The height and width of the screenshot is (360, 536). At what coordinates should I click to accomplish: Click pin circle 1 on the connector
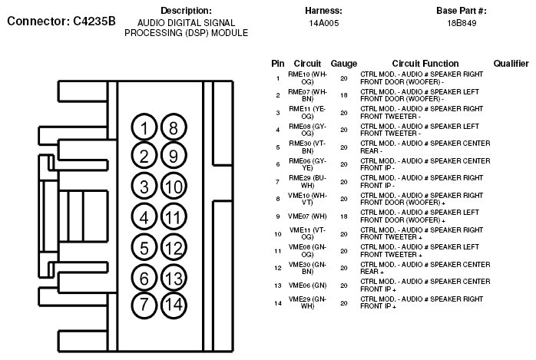144,127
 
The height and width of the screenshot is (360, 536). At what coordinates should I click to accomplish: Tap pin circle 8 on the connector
174,127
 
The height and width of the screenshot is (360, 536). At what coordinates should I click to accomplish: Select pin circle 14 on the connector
174,303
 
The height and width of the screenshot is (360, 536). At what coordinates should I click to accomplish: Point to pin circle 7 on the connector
144,303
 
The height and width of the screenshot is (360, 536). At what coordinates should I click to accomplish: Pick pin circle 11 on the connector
174,217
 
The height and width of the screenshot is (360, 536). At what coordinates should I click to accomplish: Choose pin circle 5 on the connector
144,247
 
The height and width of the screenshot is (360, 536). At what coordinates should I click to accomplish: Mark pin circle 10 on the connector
174,186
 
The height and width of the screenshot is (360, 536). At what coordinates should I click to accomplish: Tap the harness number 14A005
323,24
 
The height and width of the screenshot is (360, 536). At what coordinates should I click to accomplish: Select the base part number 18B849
462,24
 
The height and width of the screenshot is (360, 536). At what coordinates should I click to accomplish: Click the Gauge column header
343,63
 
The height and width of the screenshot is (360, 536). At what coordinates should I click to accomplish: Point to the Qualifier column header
510,63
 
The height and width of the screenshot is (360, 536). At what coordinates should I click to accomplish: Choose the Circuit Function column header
425,63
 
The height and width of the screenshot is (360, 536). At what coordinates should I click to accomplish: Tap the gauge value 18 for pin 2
343,95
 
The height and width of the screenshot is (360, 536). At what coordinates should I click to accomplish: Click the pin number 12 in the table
277,268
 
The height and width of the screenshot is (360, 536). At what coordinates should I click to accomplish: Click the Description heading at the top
187,11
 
